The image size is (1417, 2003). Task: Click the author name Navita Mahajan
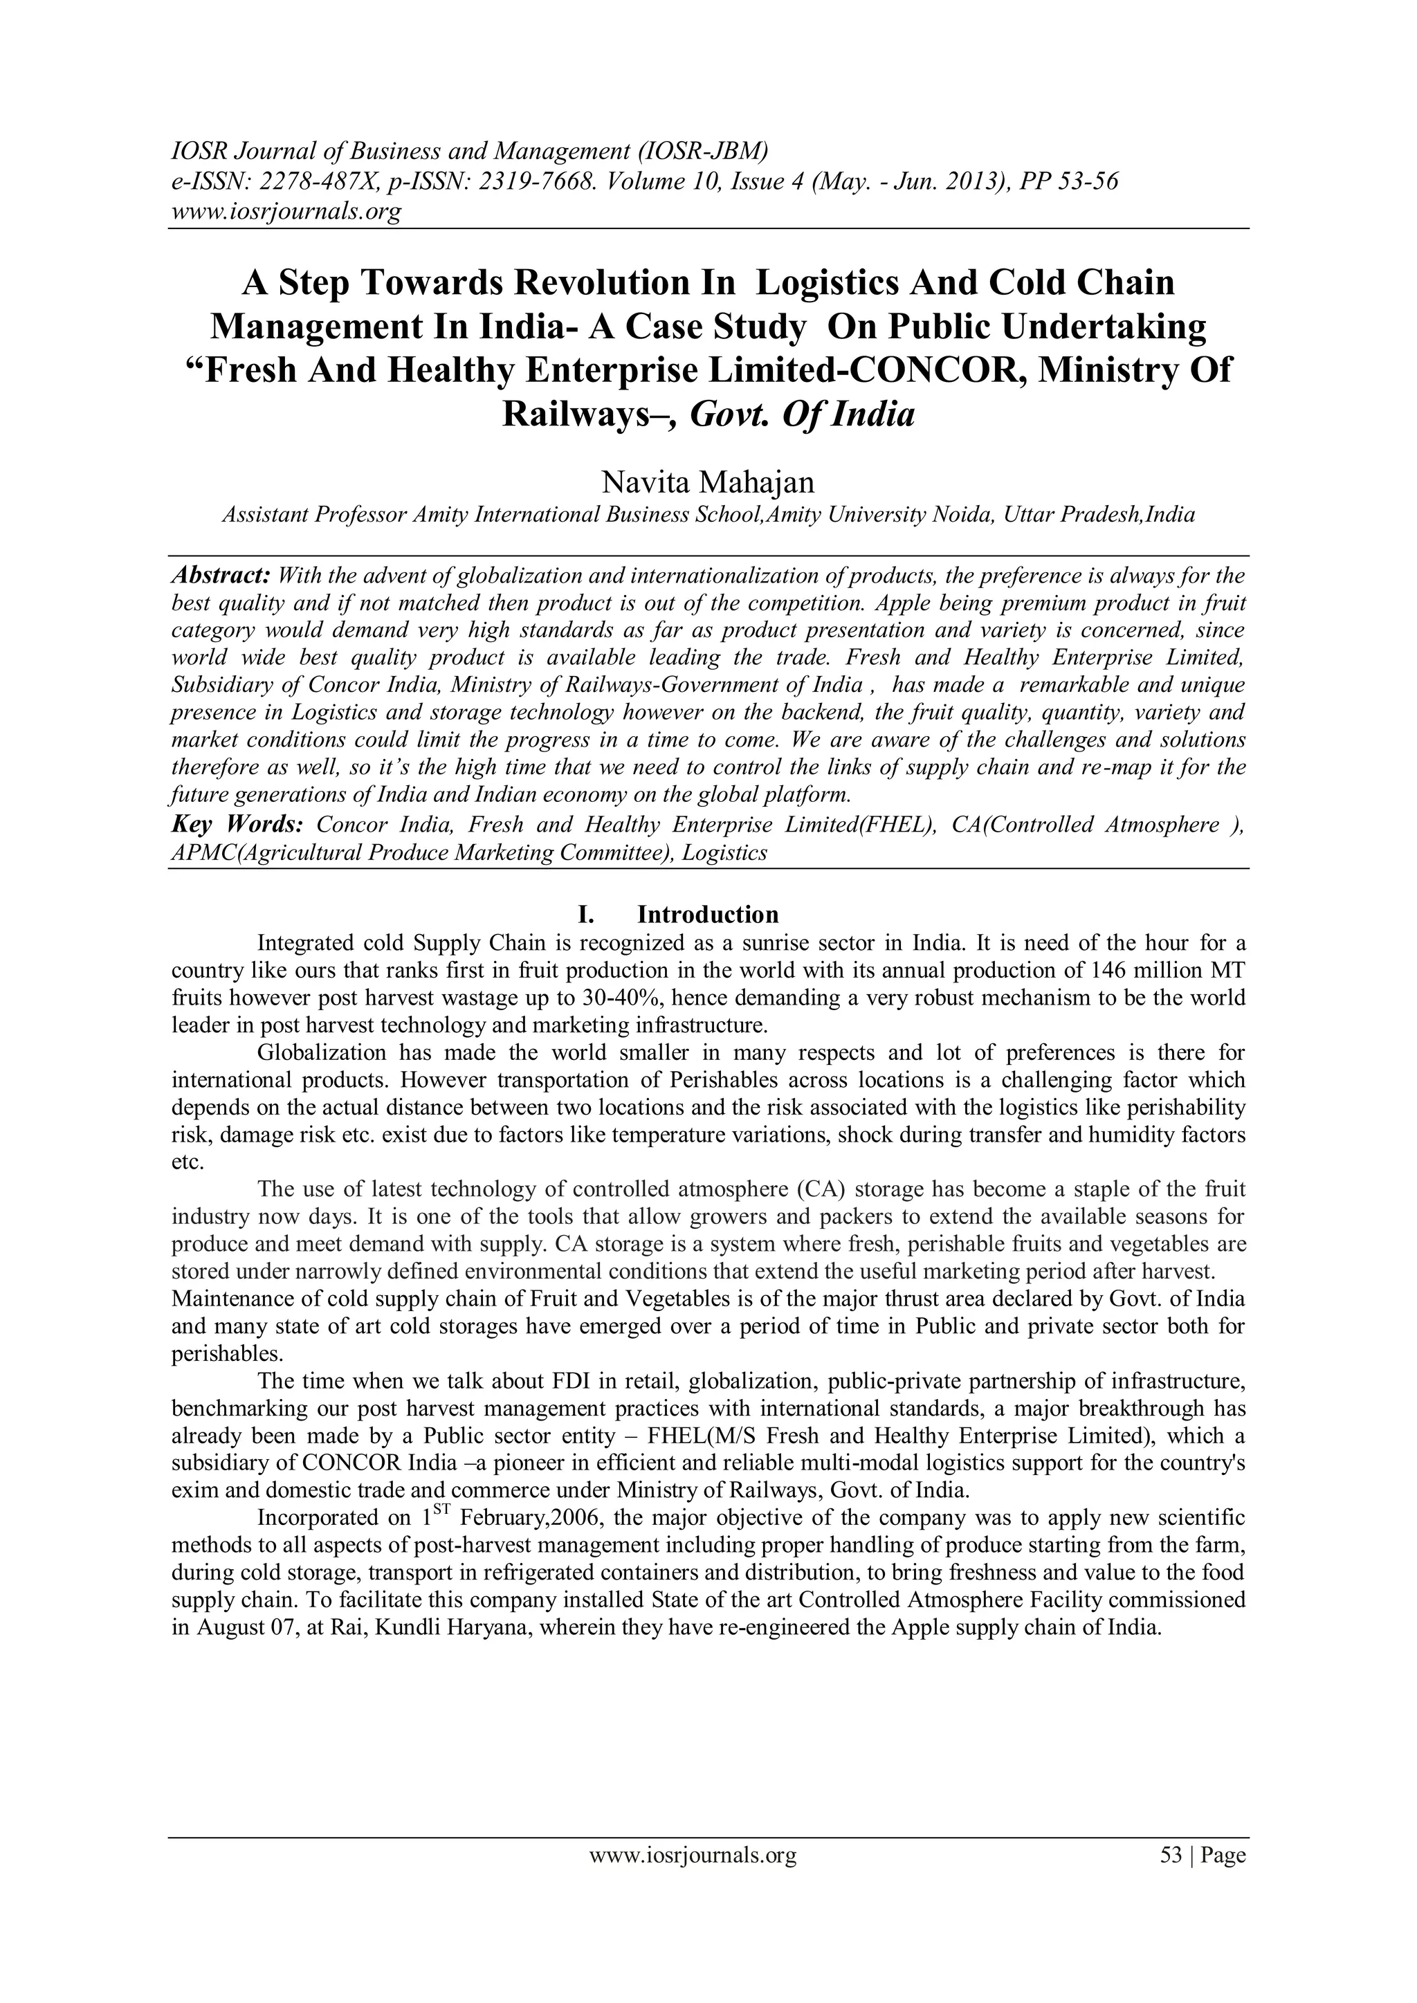point(708,481)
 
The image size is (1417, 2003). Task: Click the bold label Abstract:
point(220,576)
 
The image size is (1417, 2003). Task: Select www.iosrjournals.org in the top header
point(284,211)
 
